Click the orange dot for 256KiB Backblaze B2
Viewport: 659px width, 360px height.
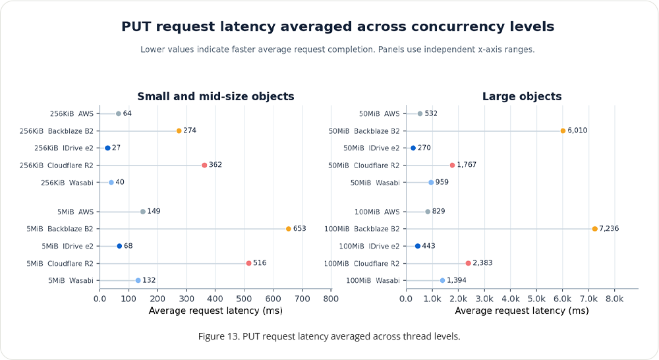179,131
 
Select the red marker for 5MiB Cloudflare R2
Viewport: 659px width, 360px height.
249,263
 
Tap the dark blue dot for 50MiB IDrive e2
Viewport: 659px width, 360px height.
413,148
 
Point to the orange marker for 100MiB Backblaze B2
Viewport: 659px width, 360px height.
594,229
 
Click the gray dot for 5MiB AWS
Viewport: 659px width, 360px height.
143,212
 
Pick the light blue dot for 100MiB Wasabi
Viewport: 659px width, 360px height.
442,280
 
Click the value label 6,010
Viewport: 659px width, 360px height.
577,131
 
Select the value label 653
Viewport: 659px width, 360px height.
300,228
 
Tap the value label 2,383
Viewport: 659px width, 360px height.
482,263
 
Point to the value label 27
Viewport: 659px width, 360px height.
117,148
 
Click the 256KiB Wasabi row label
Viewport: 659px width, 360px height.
67,183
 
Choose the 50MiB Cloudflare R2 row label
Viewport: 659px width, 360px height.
364,165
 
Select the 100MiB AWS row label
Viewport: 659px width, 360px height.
377,212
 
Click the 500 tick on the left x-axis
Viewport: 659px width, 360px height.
244,299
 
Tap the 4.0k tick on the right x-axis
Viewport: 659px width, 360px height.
511,299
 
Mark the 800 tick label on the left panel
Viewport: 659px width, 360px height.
331,299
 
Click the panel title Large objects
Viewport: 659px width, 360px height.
522,96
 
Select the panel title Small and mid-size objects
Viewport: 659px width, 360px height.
215,96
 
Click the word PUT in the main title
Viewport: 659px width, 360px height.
136,26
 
